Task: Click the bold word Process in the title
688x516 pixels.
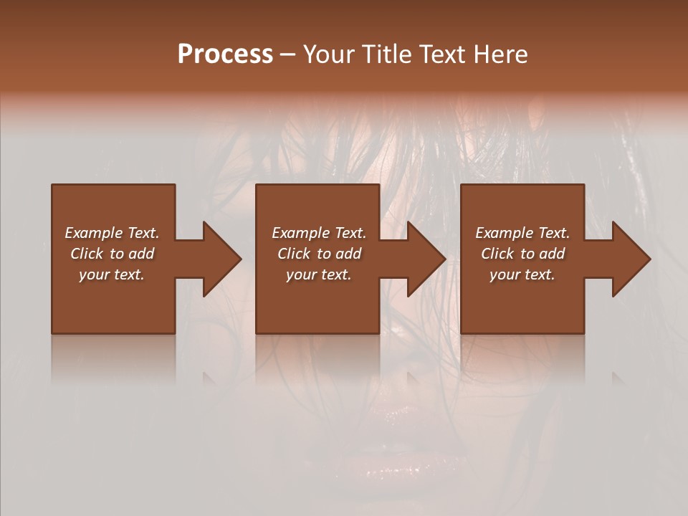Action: (225, 54)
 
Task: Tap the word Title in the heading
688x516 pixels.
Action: (385, 54)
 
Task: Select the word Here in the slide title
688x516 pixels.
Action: (499, 54)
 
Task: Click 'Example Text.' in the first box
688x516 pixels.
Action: (112, 233)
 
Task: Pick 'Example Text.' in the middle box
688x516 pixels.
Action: (319, 233)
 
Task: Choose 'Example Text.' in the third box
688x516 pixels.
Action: (522, 233)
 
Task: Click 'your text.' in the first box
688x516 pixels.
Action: (112, 274)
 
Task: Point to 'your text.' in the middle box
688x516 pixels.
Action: (319, 274)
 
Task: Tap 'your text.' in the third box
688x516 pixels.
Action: (522, 274)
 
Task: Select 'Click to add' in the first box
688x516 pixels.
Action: (112, 254)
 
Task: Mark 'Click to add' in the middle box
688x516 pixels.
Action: (319, 254)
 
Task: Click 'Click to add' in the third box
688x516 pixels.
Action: (522, 254)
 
